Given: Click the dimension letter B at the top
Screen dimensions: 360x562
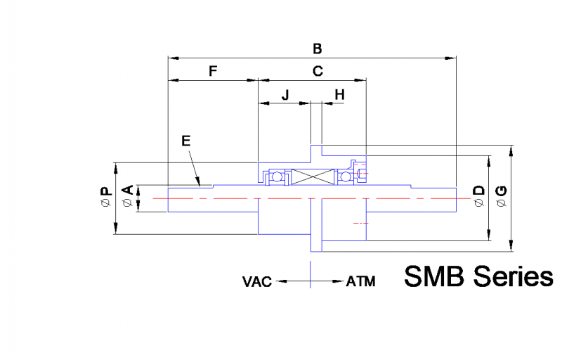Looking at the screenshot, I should coord(318,49).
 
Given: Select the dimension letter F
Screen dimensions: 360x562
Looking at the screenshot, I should coord(213,71).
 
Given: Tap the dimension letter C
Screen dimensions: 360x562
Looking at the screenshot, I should coord(318,71).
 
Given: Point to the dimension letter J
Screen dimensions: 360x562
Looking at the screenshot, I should coord(285,94).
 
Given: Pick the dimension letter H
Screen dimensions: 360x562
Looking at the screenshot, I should coord(339,94).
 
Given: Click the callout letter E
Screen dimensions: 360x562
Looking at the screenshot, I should coord(185,141).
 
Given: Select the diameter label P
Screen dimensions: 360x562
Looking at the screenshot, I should coord(105,197).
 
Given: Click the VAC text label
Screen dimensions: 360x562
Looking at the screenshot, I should coord(257,282).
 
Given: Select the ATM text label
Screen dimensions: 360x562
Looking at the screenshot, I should coord(360,282).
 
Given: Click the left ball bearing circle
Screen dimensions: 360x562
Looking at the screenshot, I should coord(278,176).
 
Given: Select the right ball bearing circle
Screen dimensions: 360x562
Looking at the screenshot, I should coord(346,176).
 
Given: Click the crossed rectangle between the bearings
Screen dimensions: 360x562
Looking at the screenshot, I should coord(311,176).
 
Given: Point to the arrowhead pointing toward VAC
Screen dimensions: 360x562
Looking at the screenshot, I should coord(280,282).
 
